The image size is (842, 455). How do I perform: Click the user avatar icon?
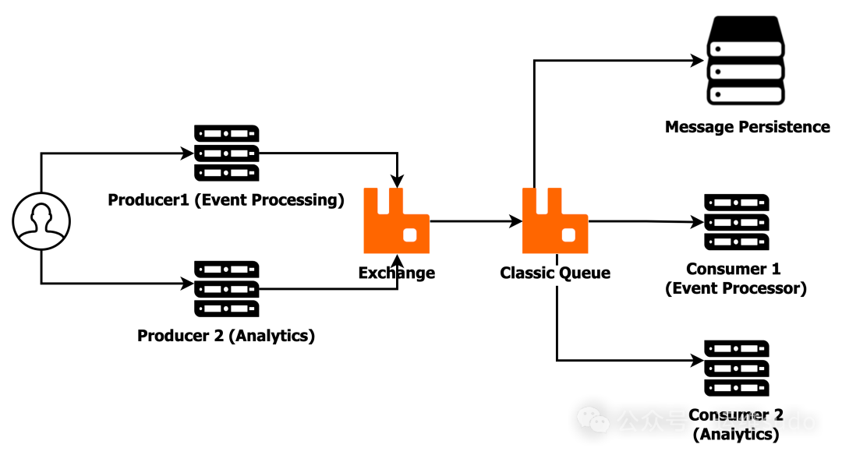point(41,221)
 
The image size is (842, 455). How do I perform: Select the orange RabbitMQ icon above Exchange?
point(396,220)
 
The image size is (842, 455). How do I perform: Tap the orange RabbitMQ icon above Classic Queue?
point(555,220)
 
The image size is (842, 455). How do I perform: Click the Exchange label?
point(397,273)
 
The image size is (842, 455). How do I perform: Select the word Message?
point(699,127)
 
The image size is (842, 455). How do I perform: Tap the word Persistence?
point(783,127)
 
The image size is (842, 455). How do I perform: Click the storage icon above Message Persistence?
point(747,60)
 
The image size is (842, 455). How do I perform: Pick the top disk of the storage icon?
point(747,48)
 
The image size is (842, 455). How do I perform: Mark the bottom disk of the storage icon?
point(747,94)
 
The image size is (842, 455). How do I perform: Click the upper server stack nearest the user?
point(227,153)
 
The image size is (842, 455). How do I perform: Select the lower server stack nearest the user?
point(227,289)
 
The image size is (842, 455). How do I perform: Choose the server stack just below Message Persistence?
point(737,222)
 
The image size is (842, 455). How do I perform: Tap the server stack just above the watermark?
point(737,368)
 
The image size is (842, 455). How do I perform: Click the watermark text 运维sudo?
point(764,421)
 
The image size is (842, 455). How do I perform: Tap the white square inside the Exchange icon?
point(410,235)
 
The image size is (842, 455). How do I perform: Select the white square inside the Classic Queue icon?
point(569,235)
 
